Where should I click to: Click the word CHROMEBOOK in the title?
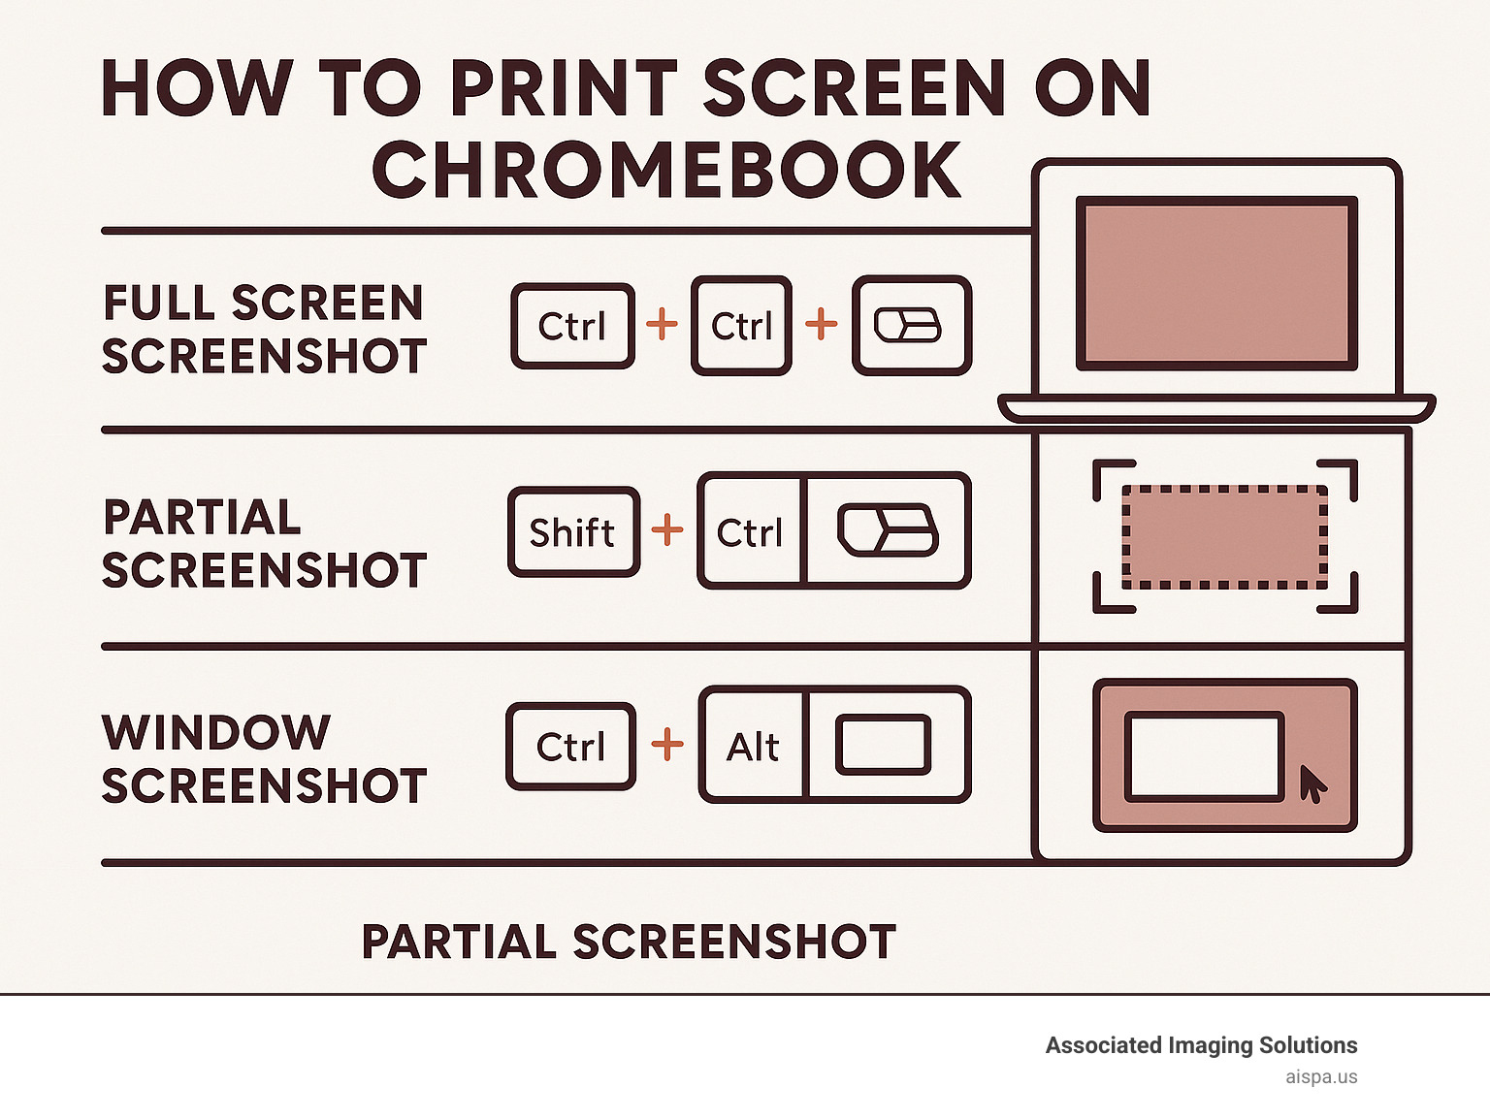coord(666,170)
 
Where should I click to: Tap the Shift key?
coord(572,532)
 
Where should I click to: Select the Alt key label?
coord(753,747)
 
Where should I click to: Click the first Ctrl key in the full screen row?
coord(572,326)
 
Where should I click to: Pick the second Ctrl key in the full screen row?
coord(741,326)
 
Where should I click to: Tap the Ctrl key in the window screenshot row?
coord(570,747)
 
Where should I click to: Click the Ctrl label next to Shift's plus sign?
coord(749,532)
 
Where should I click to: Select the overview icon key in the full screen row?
coord(910,326)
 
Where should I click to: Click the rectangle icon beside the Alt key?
coord(883,745)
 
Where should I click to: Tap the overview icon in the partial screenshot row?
coord(887,530)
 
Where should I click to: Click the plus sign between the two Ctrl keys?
coord(662,324)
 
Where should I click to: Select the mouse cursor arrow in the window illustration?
coord(1312,783)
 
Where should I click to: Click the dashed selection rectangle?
coord(1224,536)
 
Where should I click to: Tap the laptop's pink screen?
coord(1216,283)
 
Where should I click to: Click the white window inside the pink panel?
coord(1204,756)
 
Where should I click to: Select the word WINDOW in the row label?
coord(216,732)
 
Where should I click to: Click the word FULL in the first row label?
coord(159,303)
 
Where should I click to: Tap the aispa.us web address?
coord(1321,1076)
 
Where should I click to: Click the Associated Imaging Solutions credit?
coord(1201,1045)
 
